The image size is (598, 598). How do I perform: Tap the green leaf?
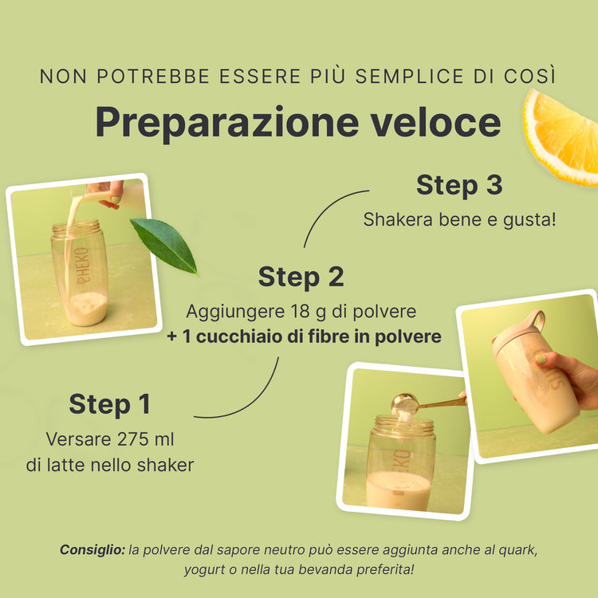click(165, 244)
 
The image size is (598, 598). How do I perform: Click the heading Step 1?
click(110, 404)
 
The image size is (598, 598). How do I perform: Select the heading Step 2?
click(301, 277)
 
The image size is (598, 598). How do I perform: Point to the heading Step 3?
click(459, 185)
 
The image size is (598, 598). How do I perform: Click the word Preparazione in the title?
click(227, 123)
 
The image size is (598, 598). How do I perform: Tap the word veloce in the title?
click(436, 122)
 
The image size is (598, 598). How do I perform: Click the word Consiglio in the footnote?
click(92, 550)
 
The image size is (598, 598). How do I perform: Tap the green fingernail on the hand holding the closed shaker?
click(541, 360)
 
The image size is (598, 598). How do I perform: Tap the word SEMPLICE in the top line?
click(410, 77)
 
